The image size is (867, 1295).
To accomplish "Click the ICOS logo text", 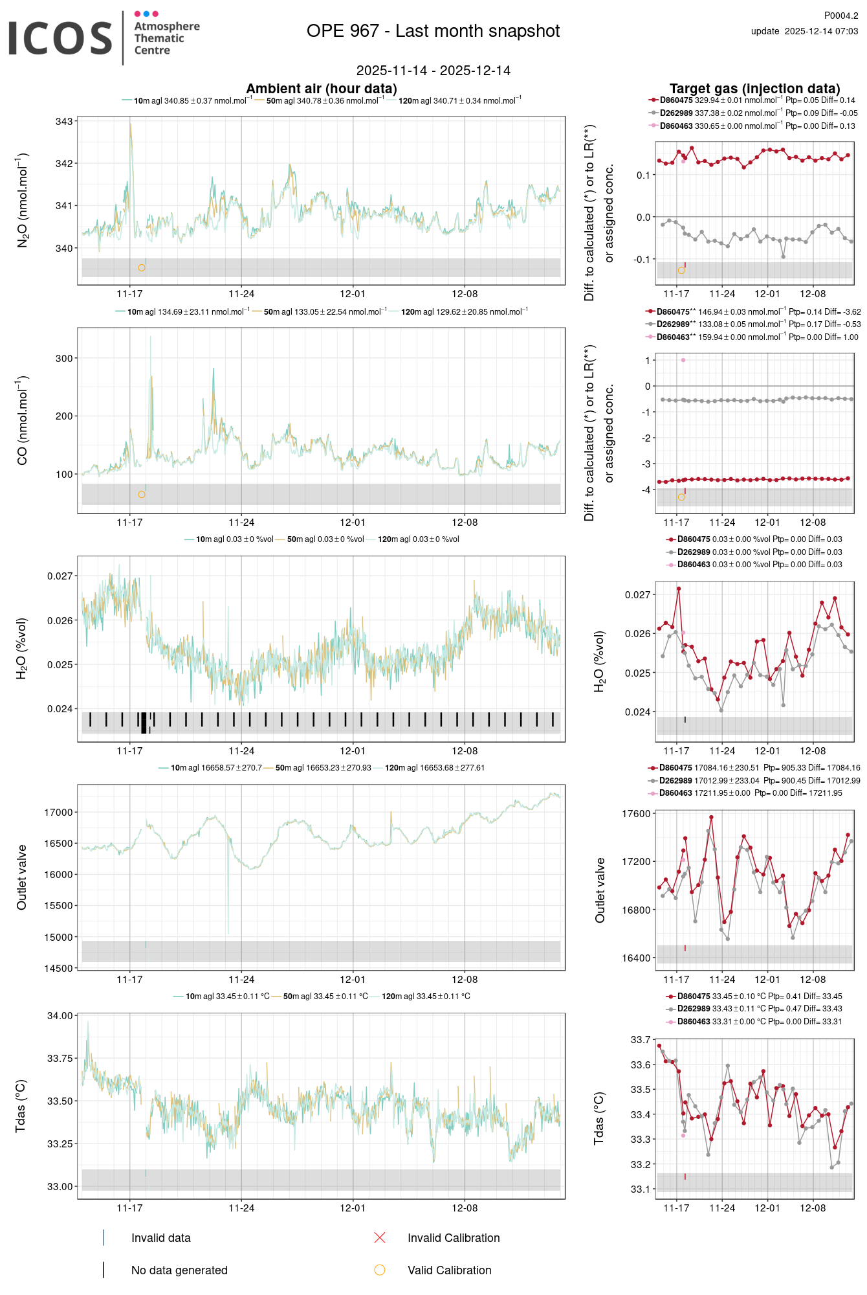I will (60, 38).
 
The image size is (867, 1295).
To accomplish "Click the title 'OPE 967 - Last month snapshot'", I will (433, 31).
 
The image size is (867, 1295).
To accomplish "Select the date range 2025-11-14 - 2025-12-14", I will (433, 71).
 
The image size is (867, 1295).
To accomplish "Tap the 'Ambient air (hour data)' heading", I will (321, 89).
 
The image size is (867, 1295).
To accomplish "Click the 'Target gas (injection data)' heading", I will (754, 89).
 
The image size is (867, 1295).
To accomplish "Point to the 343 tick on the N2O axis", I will (64, 122).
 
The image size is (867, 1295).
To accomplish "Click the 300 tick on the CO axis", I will (64, 358).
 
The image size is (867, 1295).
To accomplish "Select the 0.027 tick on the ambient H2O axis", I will (60, 576).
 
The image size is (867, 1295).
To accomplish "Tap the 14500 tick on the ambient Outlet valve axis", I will (58, 969).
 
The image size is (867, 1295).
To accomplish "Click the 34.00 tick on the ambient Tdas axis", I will (60, 1016).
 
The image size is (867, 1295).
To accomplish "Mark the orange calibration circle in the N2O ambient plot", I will (142, 267).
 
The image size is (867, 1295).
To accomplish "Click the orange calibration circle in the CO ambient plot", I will (142, 495).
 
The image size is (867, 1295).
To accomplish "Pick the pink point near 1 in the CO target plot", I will (683, 360).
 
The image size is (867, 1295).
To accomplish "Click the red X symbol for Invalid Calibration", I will (380, 1238).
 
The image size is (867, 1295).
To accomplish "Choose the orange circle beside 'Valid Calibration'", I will (380, 1270).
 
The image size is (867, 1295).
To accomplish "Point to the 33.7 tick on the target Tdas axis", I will (641, 1040).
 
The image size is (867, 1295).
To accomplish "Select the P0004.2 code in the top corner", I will (840, 16).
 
